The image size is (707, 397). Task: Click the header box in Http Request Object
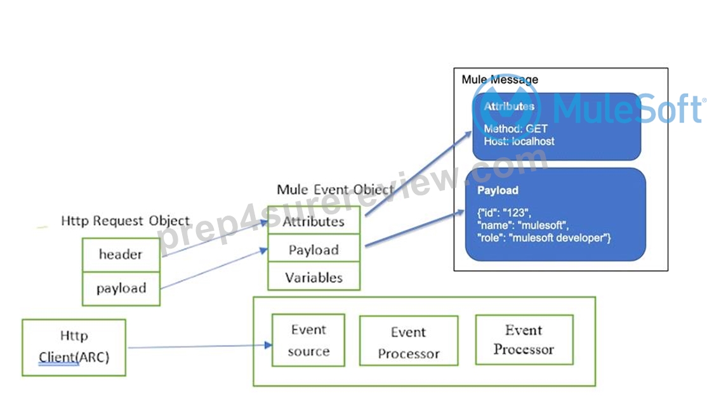(121, 254)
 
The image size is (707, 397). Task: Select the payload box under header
(121, 289)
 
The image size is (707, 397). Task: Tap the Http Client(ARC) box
(74, 348)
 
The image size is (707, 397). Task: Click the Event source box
(308, 340)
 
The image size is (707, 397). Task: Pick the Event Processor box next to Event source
(409, 341)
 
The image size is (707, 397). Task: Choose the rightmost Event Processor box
(524, 340)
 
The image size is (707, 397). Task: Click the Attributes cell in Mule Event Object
(314, 220)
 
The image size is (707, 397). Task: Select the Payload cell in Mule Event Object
(314, 249)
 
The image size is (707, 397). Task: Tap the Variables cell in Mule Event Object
(314, 277)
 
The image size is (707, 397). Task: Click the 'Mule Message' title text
(499, 80)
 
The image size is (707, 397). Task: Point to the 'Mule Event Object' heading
(335, 190)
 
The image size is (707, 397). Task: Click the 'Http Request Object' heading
(126, 221)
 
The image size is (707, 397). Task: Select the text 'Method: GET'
(515, 129)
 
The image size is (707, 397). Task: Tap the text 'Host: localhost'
(519, 141)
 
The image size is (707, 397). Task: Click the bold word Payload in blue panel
(498, 190)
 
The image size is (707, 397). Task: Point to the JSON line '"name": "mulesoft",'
(522, 225)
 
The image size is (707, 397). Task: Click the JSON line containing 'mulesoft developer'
(544, 238)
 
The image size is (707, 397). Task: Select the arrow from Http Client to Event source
(200, 346)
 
